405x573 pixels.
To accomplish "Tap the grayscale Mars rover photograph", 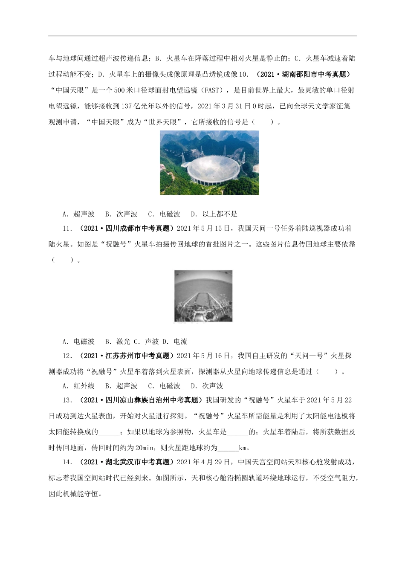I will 204,296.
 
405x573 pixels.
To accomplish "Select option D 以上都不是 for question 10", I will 214,214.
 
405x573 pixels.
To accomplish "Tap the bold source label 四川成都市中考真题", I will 126,229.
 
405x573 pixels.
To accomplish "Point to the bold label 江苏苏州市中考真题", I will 126,356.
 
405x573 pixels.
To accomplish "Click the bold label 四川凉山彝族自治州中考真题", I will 141,400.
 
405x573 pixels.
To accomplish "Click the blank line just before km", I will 228,448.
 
